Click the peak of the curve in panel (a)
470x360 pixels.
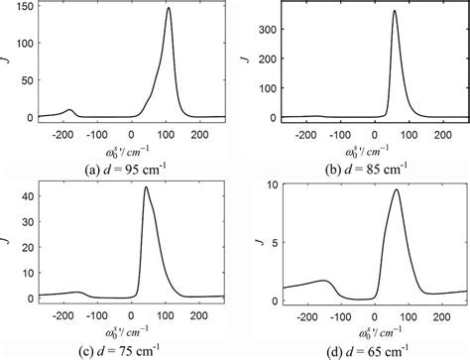pyautogui.click(x=168, y=9)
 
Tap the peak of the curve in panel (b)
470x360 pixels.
pyautogui.click(x=395, y=12)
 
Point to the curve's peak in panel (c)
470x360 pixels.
pyautogui.click(x=146, y=187)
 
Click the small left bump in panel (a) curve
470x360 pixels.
pyautogui.click(x=68, y=110)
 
